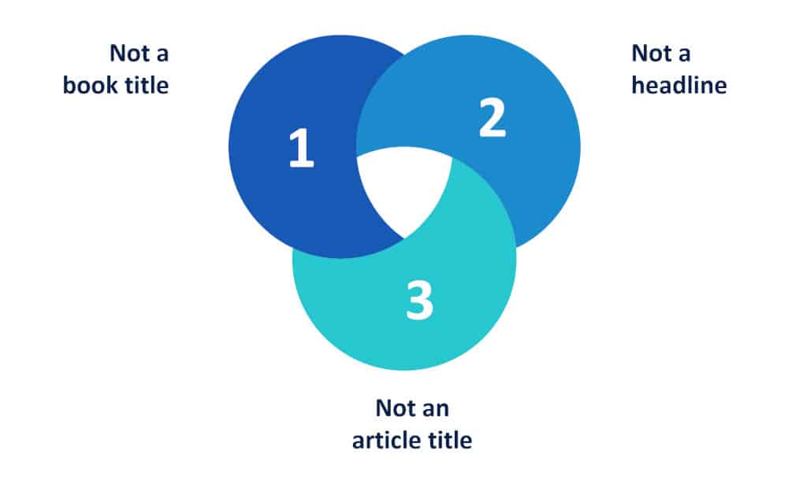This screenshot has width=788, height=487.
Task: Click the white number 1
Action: tap(302, 147)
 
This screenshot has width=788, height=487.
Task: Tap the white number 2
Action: tap(492, 117)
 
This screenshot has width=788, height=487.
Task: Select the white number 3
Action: tap(420, 300)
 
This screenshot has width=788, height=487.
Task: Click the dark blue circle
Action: tap(292, 150)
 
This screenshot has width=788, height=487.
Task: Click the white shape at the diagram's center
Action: tap(404, 186)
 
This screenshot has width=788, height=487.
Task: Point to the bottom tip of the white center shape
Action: tap(404, 238)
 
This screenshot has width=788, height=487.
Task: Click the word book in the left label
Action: tap(91, 85)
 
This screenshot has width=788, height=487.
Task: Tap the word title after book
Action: tap(147, 85)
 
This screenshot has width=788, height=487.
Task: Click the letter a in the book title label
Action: tap(162, 55)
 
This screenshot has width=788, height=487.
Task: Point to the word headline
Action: tap(679, 85)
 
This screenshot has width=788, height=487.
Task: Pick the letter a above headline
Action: tap(684, 55)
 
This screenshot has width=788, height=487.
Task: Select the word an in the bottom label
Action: tap(435, 410)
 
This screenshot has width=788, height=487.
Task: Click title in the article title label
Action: tap(450, 441)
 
